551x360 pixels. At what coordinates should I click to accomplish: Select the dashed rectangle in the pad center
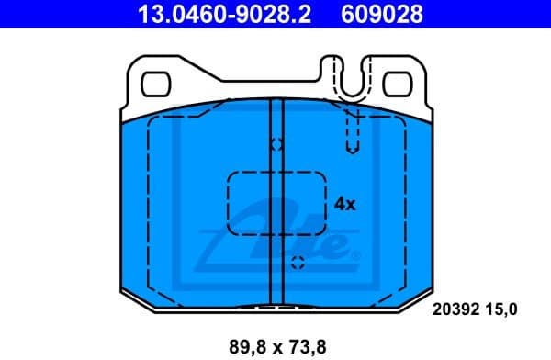[276, 203]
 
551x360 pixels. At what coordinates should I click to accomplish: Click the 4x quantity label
[344, 203]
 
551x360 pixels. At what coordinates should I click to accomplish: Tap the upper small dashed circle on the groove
[276, 144]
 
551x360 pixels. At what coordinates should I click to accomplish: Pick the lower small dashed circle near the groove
[297, 264]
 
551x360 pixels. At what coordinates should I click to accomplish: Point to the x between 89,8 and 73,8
[275, 347]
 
